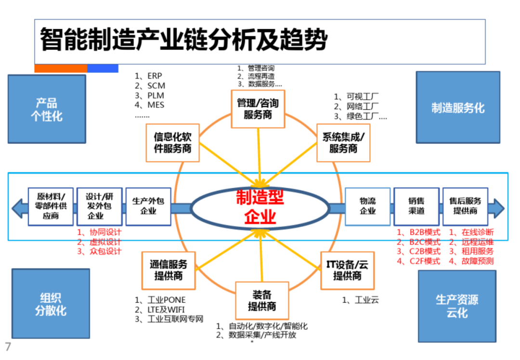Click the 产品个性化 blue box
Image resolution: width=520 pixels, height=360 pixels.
pyautogui.click(x=47, y=109)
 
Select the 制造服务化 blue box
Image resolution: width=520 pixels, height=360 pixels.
pyautogui.click(x=458, y=107)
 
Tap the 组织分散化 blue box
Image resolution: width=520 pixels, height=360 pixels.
pyautogui.click(x=51, y=304)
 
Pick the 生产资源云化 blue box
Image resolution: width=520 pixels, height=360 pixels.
pyautogui.click(x=457, y=306)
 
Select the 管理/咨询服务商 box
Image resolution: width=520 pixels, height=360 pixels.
pyautogui.click(x=258, y=109)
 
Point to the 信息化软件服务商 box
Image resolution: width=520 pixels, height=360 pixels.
pyautogui.click(x=172, y=143)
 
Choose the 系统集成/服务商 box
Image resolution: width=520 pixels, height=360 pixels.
pyautogui.click(x=343, y=143)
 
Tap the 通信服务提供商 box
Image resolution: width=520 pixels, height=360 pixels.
pyautogui.click(x=169, y=270)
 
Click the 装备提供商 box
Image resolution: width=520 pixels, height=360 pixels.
pyautogui.click(x=262, y=301)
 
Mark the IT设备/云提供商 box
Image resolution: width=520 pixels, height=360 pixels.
pyautogui.click(x=347, y=270)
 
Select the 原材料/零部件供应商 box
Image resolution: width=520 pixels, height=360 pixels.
pyautogui.click(x=51, y=206)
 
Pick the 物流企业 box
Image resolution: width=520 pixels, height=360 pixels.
pyautogui.click(x=367, y=206)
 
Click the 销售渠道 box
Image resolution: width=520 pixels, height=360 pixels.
pyautogui.click(x=416, y=206)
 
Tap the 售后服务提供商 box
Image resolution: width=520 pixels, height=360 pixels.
pyautogui.click(x=465, y=206)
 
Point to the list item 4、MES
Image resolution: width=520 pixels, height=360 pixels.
pyautogui.click(x=150, y=105)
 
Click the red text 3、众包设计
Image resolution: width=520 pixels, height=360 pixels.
pyautogui.click(x=100, y=251)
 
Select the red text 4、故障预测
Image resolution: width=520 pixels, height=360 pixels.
pyautogui.click(x=471, y=261)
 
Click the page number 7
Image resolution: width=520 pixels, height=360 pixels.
pyautogui.click(x=8, y=347)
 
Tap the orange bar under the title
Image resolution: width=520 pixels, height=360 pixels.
pyautogui.click(x=61, y=68)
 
